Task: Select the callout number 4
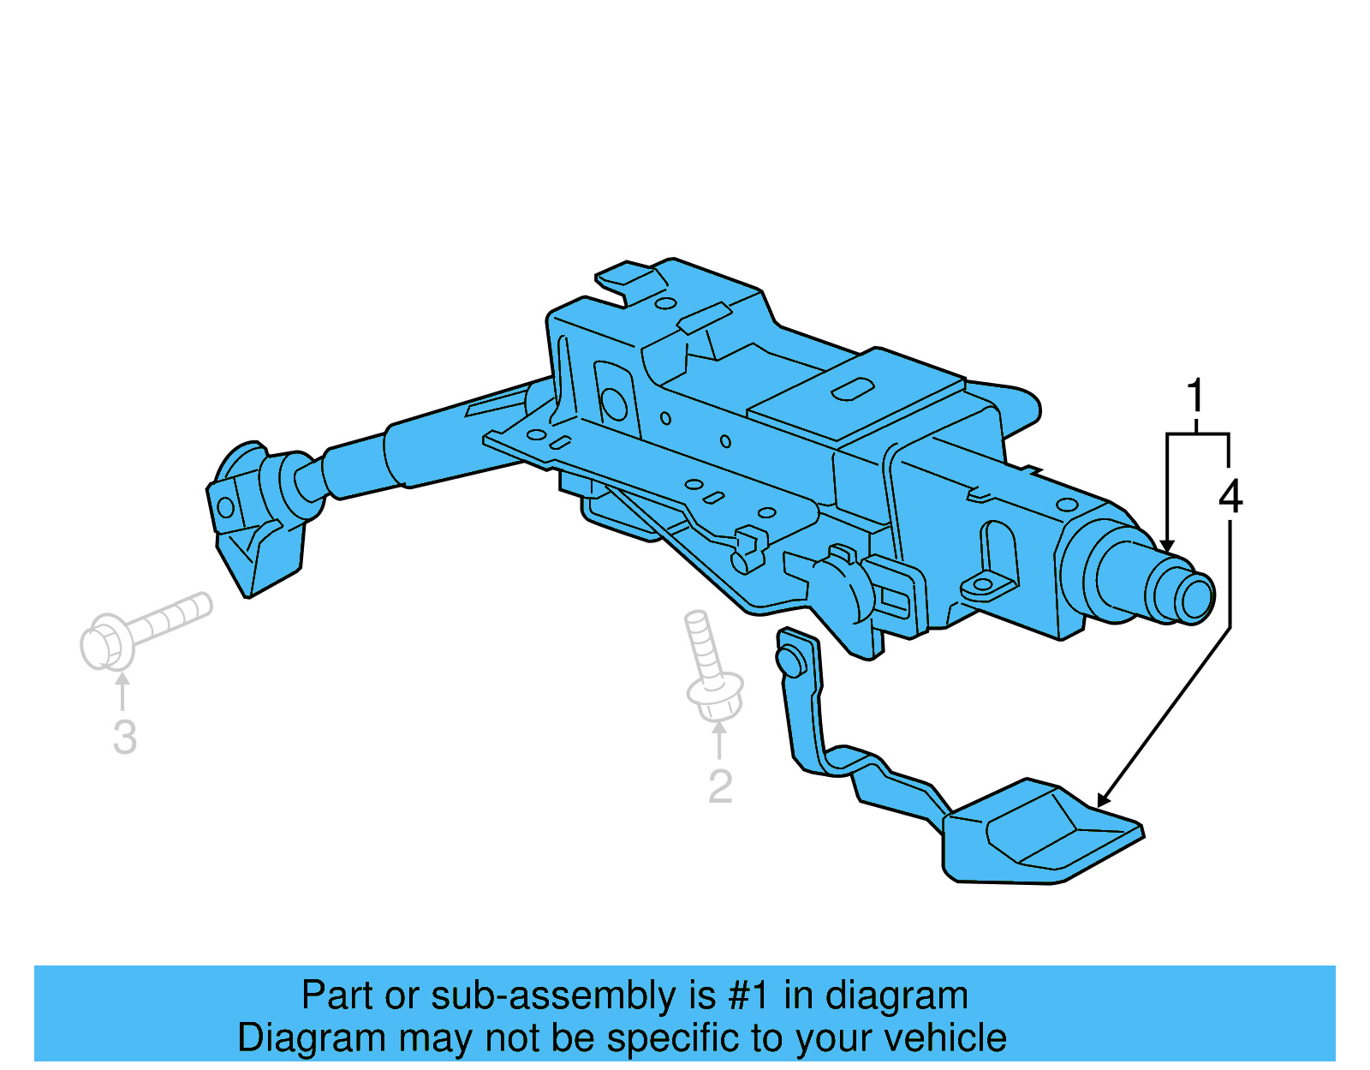coord(1230,497)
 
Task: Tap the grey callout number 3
coord(125,738)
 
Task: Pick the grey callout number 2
coord(720,786)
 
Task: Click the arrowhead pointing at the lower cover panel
coord(1104,800)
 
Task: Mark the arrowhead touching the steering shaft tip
coord(1166,546)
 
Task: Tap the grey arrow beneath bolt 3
coord(122,690)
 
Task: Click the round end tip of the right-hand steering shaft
coord(1195,597)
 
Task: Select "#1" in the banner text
coord(749,995)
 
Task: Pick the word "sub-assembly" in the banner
coord(554,995)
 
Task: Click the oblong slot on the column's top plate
coord(852,390)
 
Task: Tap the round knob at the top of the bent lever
coord(789,661)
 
